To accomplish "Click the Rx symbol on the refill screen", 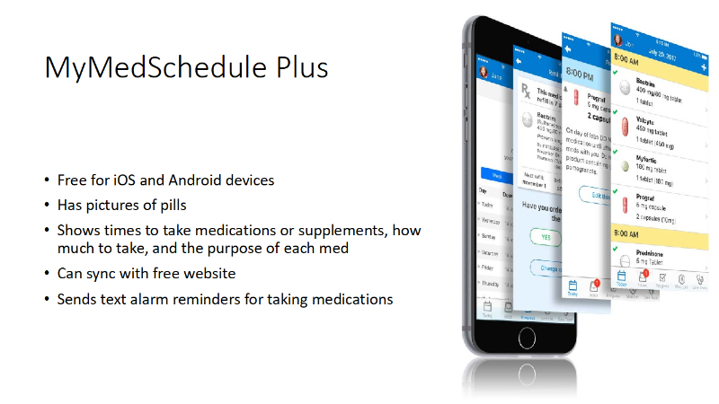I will (x=525, y=91).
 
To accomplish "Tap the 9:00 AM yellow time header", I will (x=629, y=233).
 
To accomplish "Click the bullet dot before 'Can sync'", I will (x=48, y=274).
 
